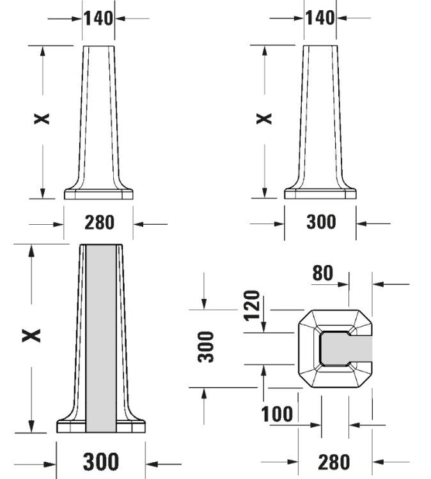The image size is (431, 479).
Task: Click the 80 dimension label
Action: (x=322, y=273)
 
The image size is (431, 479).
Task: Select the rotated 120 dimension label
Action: (x=252, y=305)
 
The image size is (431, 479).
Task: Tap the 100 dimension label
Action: (x=277, y=414)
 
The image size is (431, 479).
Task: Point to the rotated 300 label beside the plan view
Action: (x=206, y=347)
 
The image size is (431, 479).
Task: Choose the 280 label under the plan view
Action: (x=334, y=462)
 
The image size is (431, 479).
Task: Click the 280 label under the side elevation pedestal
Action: (x=99, y=222)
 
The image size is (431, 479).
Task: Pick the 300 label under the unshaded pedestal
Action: (x=321, y=222)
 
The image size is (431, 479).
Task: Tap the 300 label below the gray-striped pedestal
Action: (x=100, y=462)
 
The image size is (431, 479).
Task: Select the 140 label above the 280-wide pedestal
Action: (x=98, y=19)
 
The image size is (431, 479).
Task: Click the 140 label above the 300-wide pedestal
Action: (x=320, y=18)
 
